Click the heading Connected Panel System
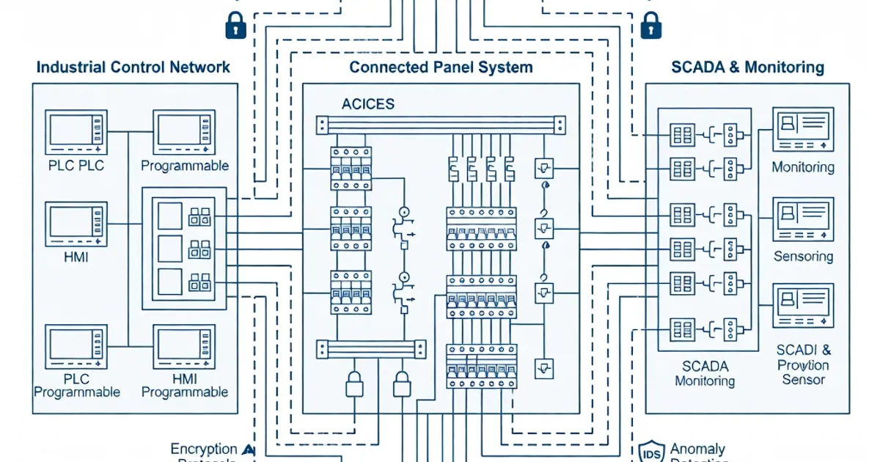(x=441, y=67)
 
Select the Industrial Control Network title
(x=133, y=67)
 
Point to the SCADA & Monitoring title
(x=747, y=67)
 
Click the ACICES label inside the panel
(x=367, y=104)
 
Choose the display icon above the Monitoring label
(x=803, y=130)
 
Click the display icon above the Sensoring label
(x=803, y=219)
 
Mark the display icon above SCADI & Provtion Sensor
(x=803, y=307)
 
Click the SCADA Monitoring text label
(x=705, y=373)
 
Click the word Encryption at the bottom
(x=204, y=449)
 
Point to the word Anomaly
(x=697, y=449)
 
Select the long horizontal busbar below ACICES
(x=441, y=125)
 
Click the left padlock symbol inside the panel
(x=354, y=383)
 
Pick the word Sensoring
(x=803, y=257)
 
